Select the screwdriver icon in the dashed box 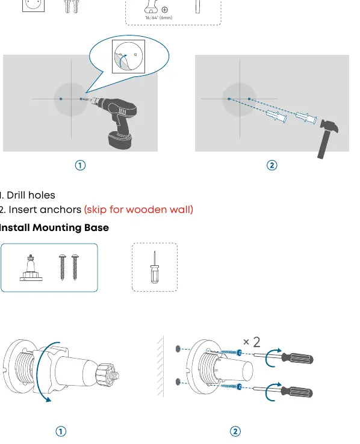(x=155, y=267)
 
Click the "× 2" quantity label (x=252, y=342)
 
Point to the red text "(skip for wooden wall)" (x=138, y=209)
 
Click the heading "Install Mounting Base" (x=54, y=227)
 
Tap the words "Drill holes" (x=31, y=195)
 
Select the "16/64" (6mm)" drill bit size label (x=158, y=17)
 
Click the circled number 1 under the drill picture (x=80, y=165)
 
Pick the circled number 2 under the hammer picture (x=272, y=165)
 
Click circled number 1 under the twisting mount (x=61, y=431)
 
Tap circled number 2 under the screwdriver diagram (x=235, y=431)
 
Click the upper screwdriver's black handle (x=297, y=358)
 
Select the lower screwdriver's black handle (x=297, y=392)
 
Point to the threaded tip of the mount (x=115, y=375)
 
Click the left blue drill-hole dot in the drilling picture (x=61, y=99)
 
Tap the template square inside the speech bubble (x=129, y=57)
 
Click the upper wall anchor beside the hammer (x=306, y=117)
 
